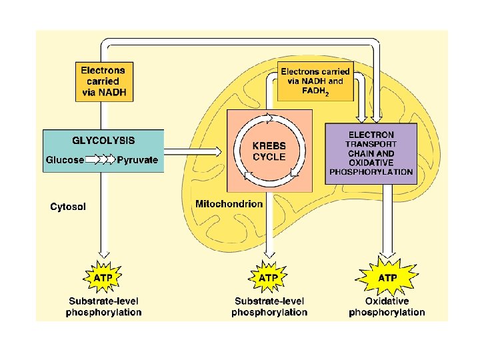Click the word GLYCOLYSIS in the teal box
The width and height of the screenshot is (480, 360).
[103, 141]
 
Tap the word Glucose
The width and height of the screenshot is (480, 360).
[65, 160]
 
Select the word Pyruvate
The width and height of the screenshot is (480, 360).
[138, 160]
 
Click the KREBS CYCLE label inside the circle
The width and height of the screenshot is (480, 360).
[269, 151]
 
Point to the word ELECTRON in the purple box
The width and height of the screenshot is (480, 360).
[371, 135]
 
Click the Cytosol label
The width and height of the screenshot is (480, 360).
[68, 207]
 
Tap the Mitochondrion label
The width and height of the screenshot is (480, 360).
[229, 203]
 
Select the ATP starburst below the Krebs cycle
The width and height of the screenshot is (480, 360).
[268, 277]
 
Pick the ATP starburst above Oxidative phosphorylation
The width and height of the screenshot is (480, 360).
[388, 277]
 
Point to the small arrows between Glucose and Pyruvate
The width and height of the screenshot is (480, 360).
[102, 160]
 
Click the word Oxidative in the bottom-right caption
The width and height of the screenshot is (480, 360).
[387, 302]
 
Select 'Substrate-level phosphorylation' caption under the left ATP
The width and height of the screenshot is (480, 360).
[103, 307]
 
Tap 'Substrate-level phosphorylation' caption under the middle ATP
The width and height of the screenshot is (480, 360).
[269, 307]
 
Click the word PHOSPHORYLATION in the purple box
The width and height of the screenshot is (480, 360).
[371, 172]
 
